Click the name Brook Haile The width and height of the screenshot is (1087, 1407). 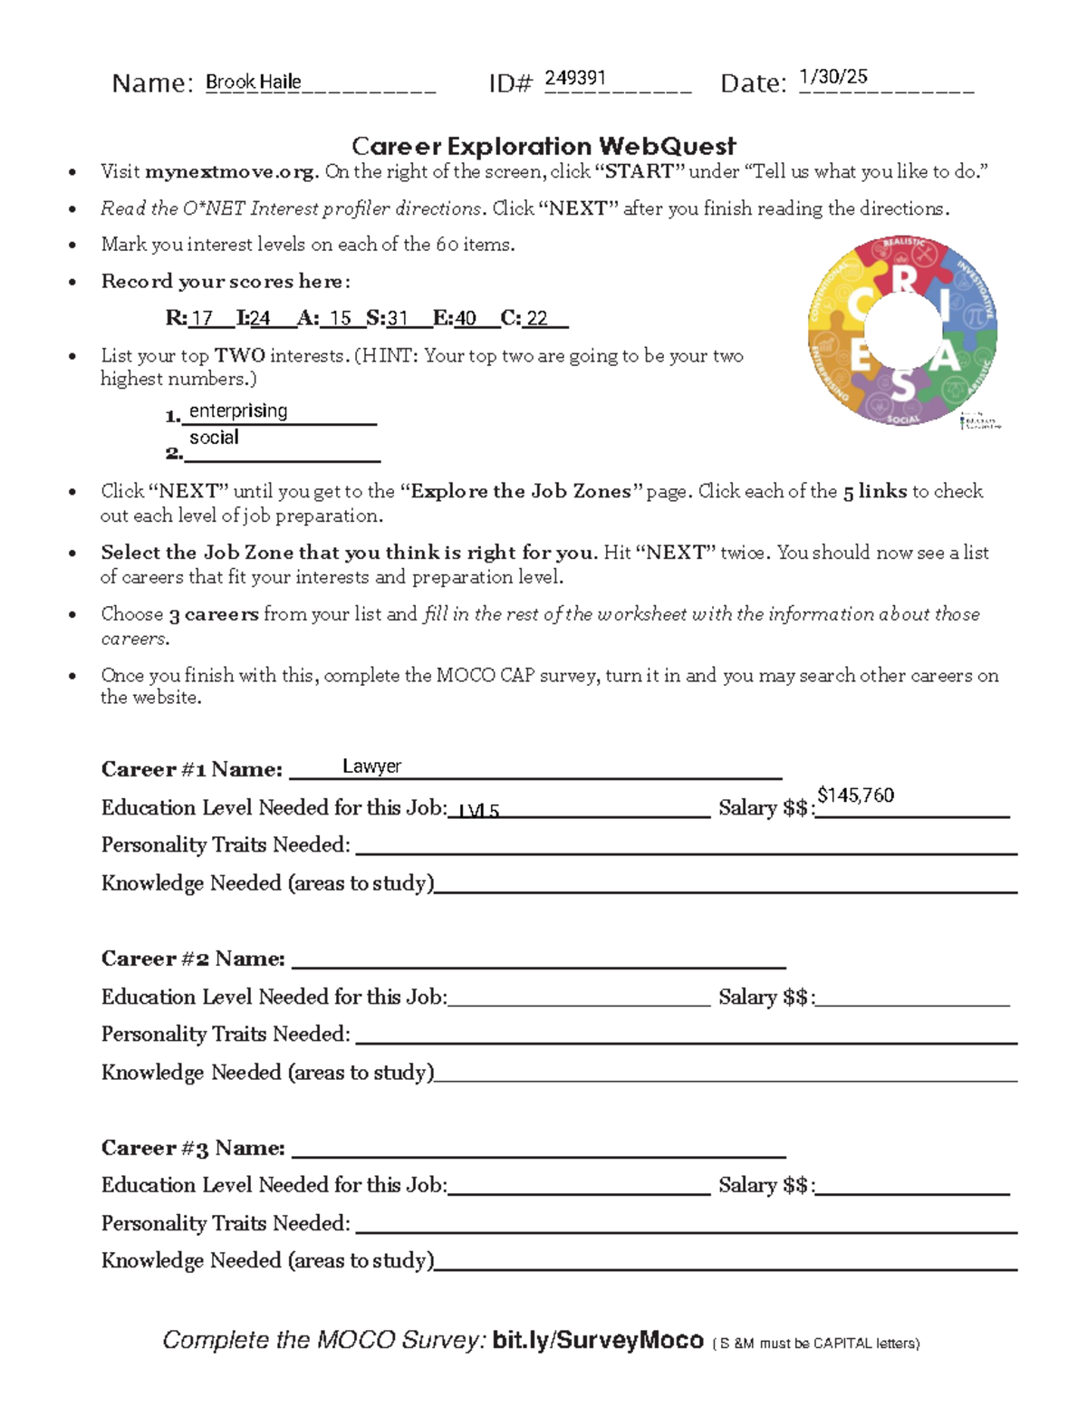(253, 82)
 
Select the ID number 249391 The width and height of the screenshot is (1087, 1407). (574, 78)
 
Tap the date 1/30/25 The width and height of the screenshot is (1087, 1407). (832, 77)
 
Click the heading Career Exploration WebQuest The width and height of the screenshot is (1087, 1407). (543, 146)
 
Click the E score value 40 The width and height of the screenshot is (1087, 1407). (466, 318)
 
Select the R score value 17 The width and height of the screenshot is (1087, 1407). (201, 318)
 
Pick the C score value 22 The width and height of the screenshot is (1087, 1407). (537, 318)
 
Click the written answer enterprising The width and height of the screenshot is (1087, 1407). (238, 411)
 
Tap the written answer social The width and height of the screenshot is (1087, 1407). (214, 438)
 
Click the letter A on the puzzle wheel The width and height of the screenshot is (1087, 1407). (945, 357)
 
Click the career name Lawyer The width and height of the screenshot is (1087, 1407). (371, 766)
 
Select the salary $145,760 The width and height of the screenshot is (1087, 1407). (855, 795)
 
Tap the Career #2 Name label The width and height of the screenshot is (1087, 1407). (193, 959)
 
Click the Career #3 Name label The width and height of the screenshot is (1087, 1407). (193, 1148)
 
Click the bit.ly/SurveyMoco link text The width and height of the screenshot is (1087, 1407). (598, 1340)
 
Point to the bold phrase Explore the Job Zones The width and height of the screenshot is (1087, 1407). (521, 491)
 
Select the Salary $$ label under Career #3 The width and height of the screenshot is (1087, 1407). (766, 1185)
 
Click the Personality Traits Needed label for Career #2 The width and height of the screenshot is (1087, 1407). (226, 1034)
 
